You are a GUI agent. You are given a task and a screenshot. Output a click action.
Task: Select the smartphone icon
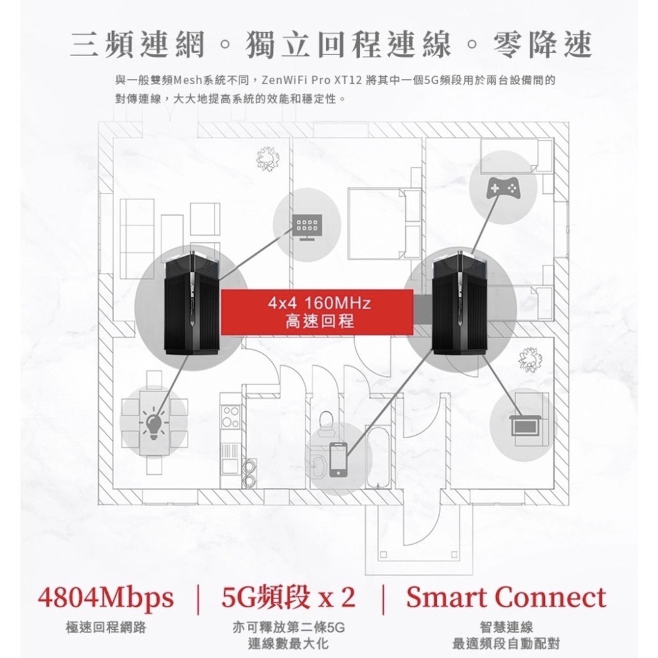tap(338, 459)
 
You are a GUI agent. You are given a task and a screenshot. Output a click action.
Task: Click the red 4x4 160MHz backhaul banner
tap(317, 312)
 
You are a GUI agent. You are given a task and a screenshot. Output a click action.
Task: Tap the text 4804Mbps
tap(105, 598)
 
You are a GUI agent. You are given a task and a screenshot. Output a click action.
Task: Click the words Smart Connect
tap(505, 597)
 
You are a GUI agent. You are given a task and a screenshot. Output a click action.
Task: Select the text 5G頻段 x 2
tap(288, 597)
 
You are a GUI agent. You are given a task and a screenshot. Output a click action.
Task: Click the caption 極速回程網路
tap(106, 628)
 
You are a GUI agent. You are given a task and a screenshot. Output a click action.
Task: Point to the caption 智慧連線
tap(506, 628)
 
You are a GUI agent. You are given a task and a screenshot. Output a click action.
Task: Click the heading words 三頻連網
tap(138, 45)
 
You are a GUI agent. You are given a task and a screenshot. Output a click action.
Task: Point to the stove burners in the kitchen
tap(230, 417)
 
